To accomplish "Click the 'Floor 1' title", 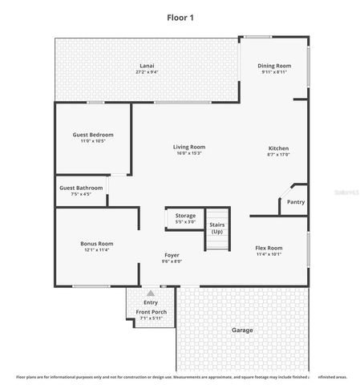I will pyautogui.click(x=180, y=17).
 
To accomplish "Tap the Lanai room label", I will pyautogui.click(x=147, y=66).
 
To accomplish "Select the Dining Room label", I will pyautogui.click(x=274, y=66).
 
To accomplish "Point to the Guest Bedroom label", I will pyautogui.click(x=93, y=135).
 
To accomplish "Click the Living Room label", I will pyautogui.click(x=189, y=147).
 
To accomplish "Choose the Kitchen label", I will pyautogui.click(x=278, y=148).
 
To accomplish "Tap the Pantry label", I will pyautogui.click(x=296, y=202).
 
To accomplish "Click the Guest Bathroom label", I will pyautogui.click(x=81, y=188).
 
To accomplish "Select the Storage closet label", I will pyautogui.click(x=185, y=215).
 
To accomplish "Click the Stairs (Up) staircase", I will pyautogui.click(x=217, y=228).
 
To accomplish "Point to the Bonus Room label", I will pyautogui.click(x=96, y=243).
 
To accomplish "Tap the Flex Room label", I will pyautogui.click(x=269, y=249).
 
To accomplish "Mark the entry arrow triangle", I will pyautogui.click(x=151, y=293).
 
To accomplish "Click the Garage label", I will pyautogui.click(x=242, y=330).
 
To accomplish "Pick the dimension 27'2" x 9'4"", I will pyautogui.click(x=147, y=73).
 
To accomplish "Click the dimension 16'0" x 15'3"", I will pyautogui.click(x=189, y=154).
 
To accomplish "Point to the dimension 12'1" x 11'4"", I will pyautogui.click(x=96, y=250).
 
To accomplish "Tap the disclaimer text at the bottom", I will pyautogui.click(x=180, y=375).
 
